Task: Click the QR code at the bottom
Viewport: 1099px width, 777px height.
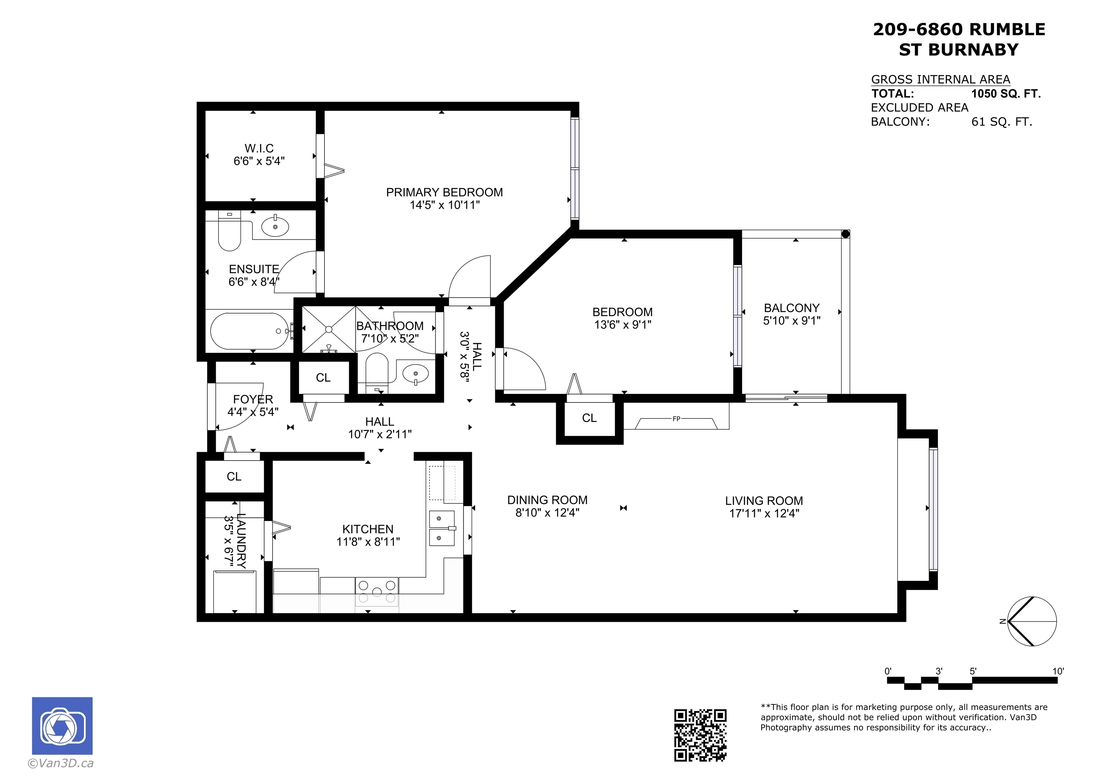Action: coord(700,735)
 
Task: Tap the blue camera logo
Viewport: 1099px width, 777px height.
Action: coord(62,726)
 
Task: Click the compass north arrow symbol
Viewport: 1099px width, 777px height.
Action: coord(1032,621)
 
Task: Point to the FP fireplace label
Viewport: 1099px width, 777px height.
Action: coord(677,419)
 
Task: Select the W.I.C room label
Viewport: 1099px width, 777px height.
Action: coord(259,148)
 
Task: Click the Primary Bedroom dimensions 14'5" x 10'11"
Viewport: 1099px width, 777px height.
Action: coord(445,205)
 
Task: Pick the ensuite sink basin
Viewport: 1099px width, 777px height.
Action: coord(275,226)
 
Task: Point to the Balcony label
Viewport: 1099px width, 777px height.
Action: coord(792,308)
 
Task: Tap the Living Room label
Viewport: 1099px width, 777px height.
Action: coord(764,501)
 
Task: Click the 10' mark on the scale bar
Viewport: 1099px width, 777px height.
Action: coord(1058,671)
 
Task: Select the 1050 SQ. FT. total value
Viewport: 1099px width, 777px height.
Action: coord(1006,94)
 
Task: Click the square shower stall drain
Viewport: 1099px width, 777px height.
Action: coord(329,329)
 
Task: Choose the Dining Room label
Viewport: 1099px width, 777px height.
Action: coord(548,500)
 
